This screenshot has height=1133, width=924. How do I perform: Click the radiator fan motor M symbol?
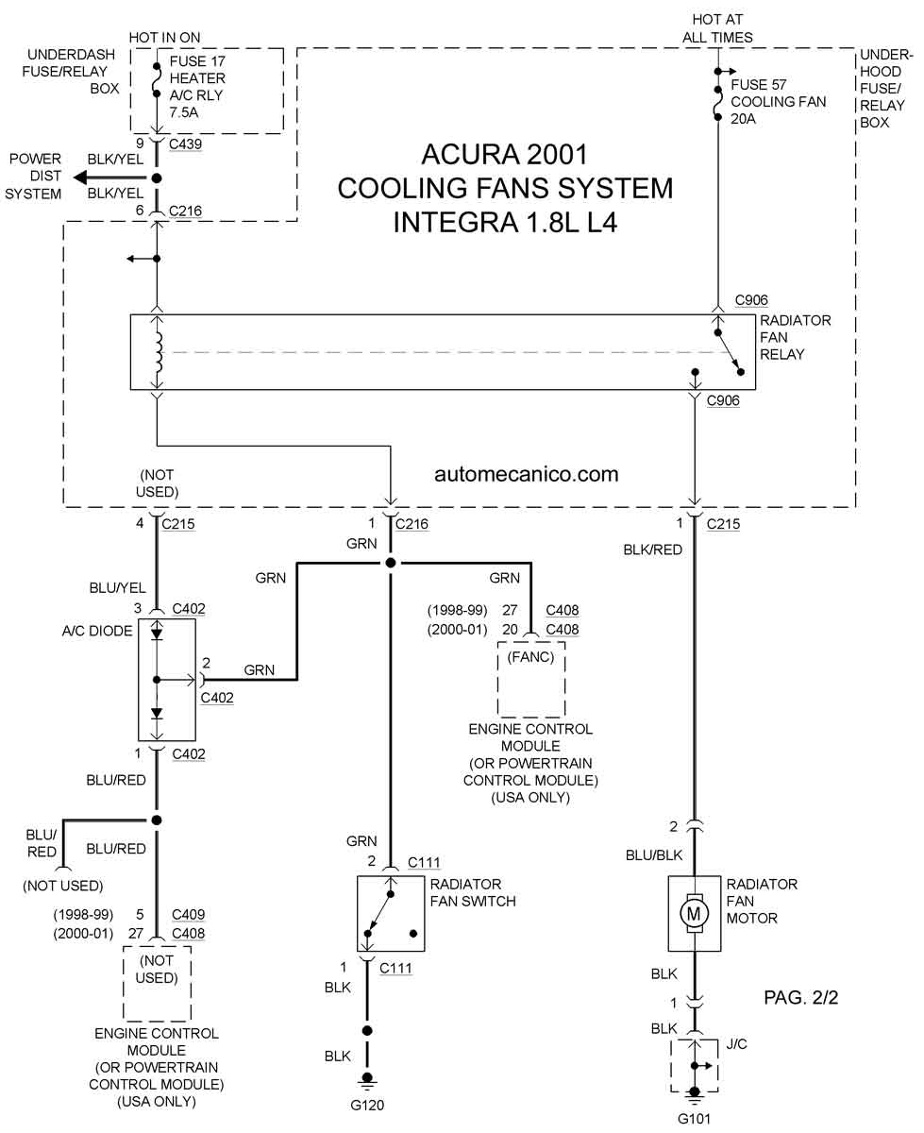695,913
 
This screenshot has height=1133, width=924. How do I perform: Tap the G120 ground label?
368,1106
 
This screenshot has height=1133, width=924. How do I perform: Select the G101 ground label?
696,1120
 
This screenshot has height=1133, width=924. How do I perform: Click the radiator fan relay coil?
159,351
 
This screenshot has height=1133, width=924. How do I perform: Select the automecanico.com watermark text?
527,473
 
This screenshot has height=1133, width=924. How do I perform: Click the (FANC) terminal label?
530,657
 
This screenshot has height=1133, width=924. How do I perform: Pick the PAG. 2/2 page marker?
800,998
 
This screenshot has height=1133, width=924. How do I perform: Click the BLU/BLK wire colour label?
653,855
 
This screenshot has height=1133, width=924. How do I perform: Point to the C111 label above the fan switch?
424,862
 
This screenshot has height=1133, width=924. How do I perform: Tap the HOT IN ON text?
165,37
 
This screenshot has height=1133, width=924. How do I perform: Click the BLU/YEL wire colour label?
116,586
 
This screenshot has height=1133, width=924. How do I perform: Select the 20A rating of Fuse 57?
743,119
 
